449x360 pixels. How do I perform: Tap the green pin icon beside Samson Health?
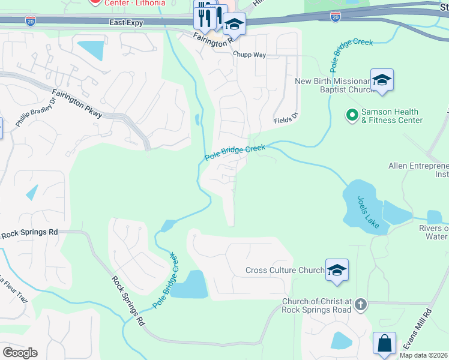click(x=352, y=113)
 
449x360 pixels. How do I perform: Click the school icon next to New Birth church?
click(x=382, y=80)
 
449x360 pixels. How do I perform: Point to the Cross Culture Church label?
click(x=285, y=271)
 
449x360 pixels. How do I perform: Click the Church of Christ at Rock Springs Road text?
click(x=317, y=305)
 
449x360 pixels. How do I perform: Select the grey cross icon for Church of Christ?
click(x=360, y=304)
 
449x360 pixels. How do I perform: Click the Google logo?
click(x=20, y=352)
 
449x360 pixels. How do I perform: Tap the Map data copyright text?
click(x=424, y=355)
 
